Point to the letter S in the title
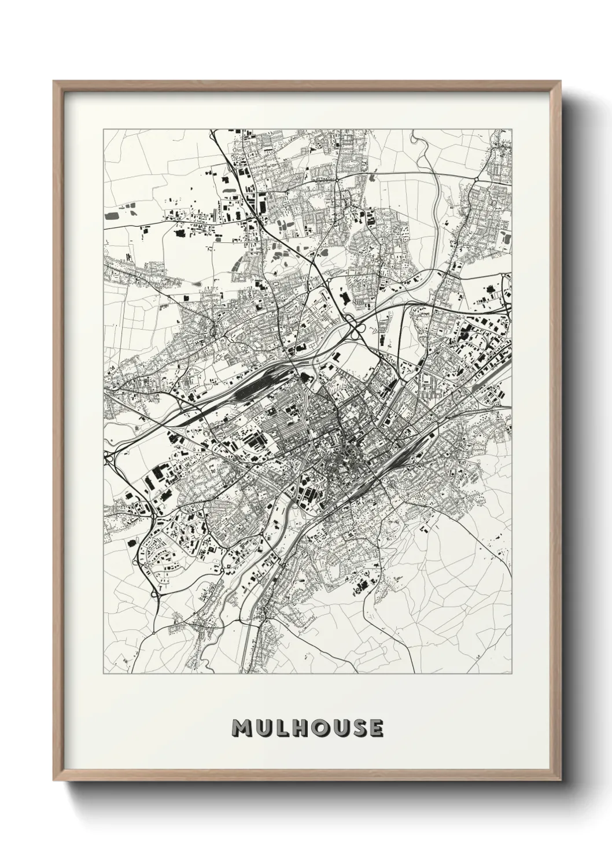[356, 728]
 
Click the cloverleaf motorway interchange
[355, 327]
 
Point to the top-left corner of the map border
[104, 130]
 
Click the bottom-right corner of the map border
[512, 674]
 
